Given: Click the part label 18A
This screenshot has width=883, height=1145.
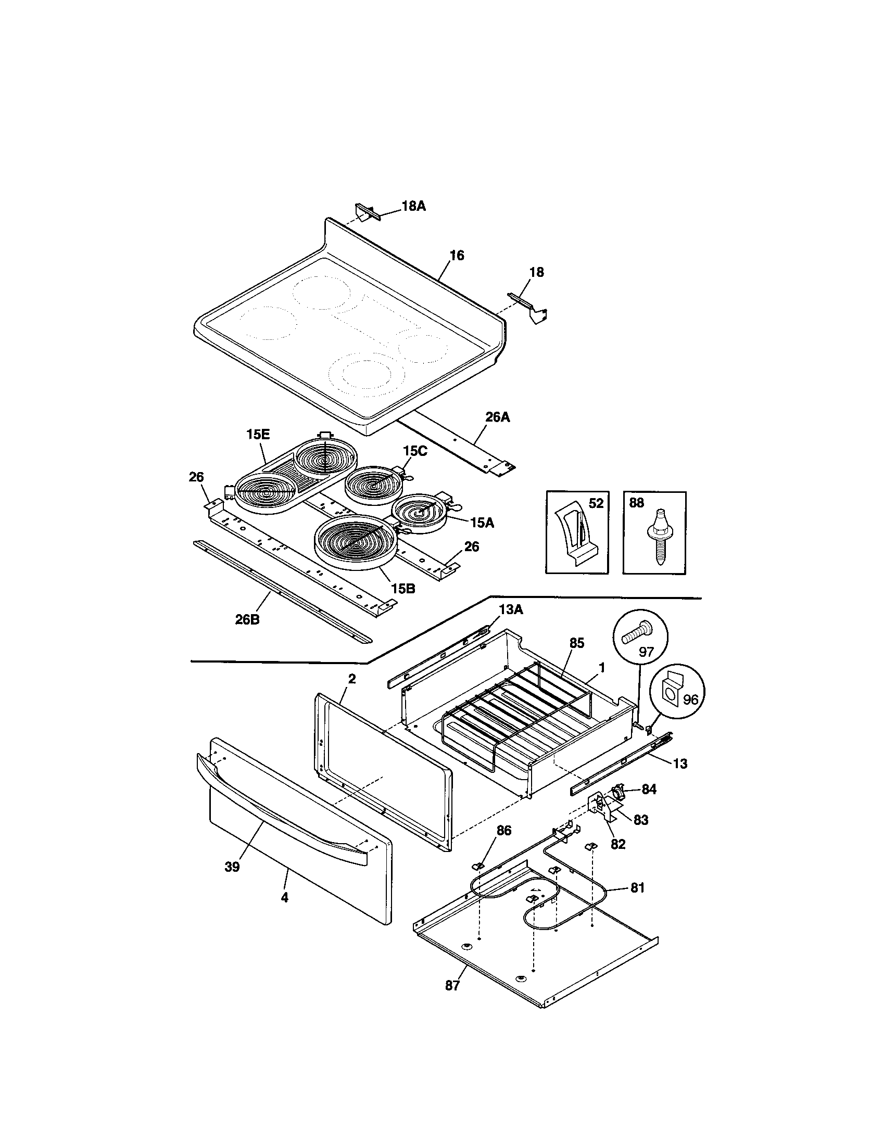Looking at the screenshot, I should click(x=414, y=206).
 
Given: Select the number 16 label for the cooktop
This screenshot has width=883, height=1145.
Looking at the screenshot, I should click(x=457, y=256).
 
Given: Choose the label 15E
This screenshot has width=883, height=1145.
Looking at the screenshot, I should click(x=258, y=434).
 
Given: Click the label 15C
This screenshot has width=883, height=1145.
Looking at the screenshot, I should click(x=415, y=451).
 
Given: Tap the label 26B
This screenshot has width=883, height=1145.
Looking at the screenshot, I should click(x=247, y=619).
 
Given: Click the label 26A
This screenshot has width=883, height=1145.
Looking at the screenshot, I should click(x=497, y=417).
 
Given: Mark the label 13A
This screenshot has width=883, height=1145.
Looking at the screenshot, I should click(x=511, y=609).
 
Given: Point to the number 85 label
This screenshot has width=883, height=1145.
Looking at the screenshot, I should click(x=577, y=643).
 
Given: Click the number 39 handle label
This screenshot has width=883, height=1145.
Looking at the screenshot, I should click(x=232, y=867).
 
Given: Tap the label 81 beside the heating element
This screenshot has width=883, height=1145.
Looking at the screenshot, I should click(x=638, y=888).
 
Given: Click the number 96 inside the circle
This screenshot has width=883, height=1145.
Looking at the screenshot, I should click(x=690, y=700).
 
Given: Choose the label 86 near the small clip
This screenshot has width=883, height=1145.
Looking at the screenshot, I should click(x=504, y=831).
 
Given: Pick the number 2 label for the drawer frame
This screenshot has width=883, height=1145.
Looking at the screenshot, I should click(x=352, y=679).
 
